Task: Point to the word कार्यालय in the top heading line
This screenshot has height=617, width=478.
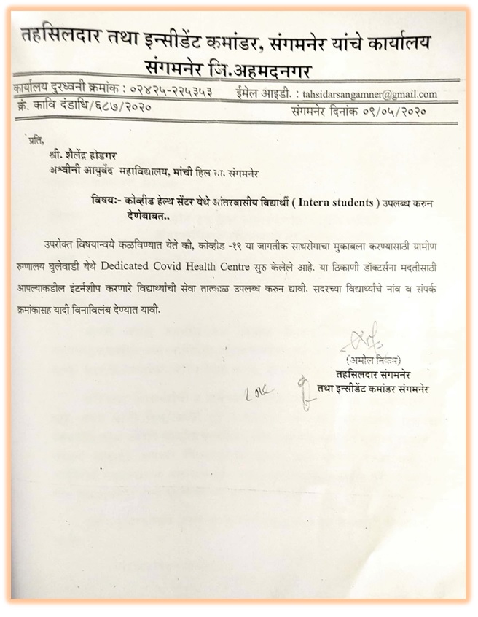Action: click(395, 42)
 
